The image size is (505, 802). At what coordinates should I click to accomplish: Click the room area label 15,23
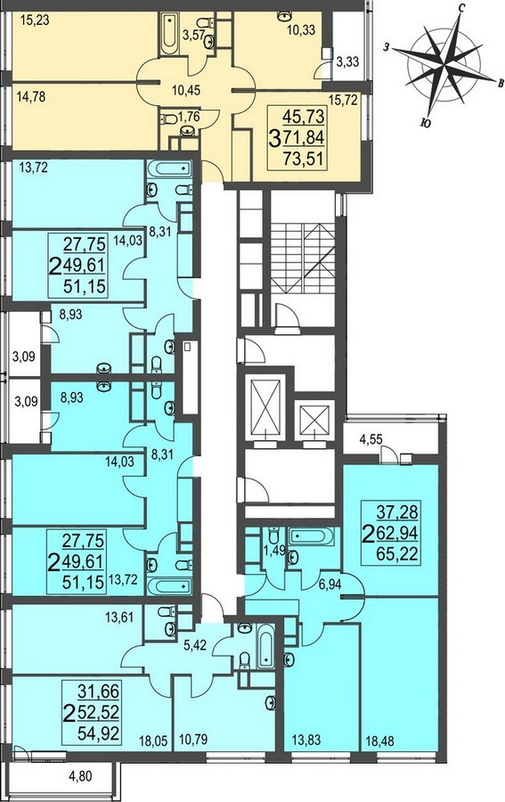[36, 21]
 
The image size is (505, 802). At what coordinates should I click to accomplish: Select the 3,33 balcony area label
[347, 61]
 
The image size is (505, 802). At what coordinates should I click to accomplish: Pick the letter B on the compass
[501, 84]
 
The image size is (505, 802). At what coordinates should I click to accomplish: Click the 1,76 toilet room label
[189, 116]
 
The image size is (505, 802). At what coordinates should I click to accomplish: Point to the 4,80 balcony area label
[80, 777]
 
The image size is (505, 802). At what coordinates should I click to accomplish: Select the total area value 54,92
[99, 734]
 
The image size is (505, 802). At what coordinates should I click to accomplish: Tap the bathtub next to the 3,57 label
[169, 34]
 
